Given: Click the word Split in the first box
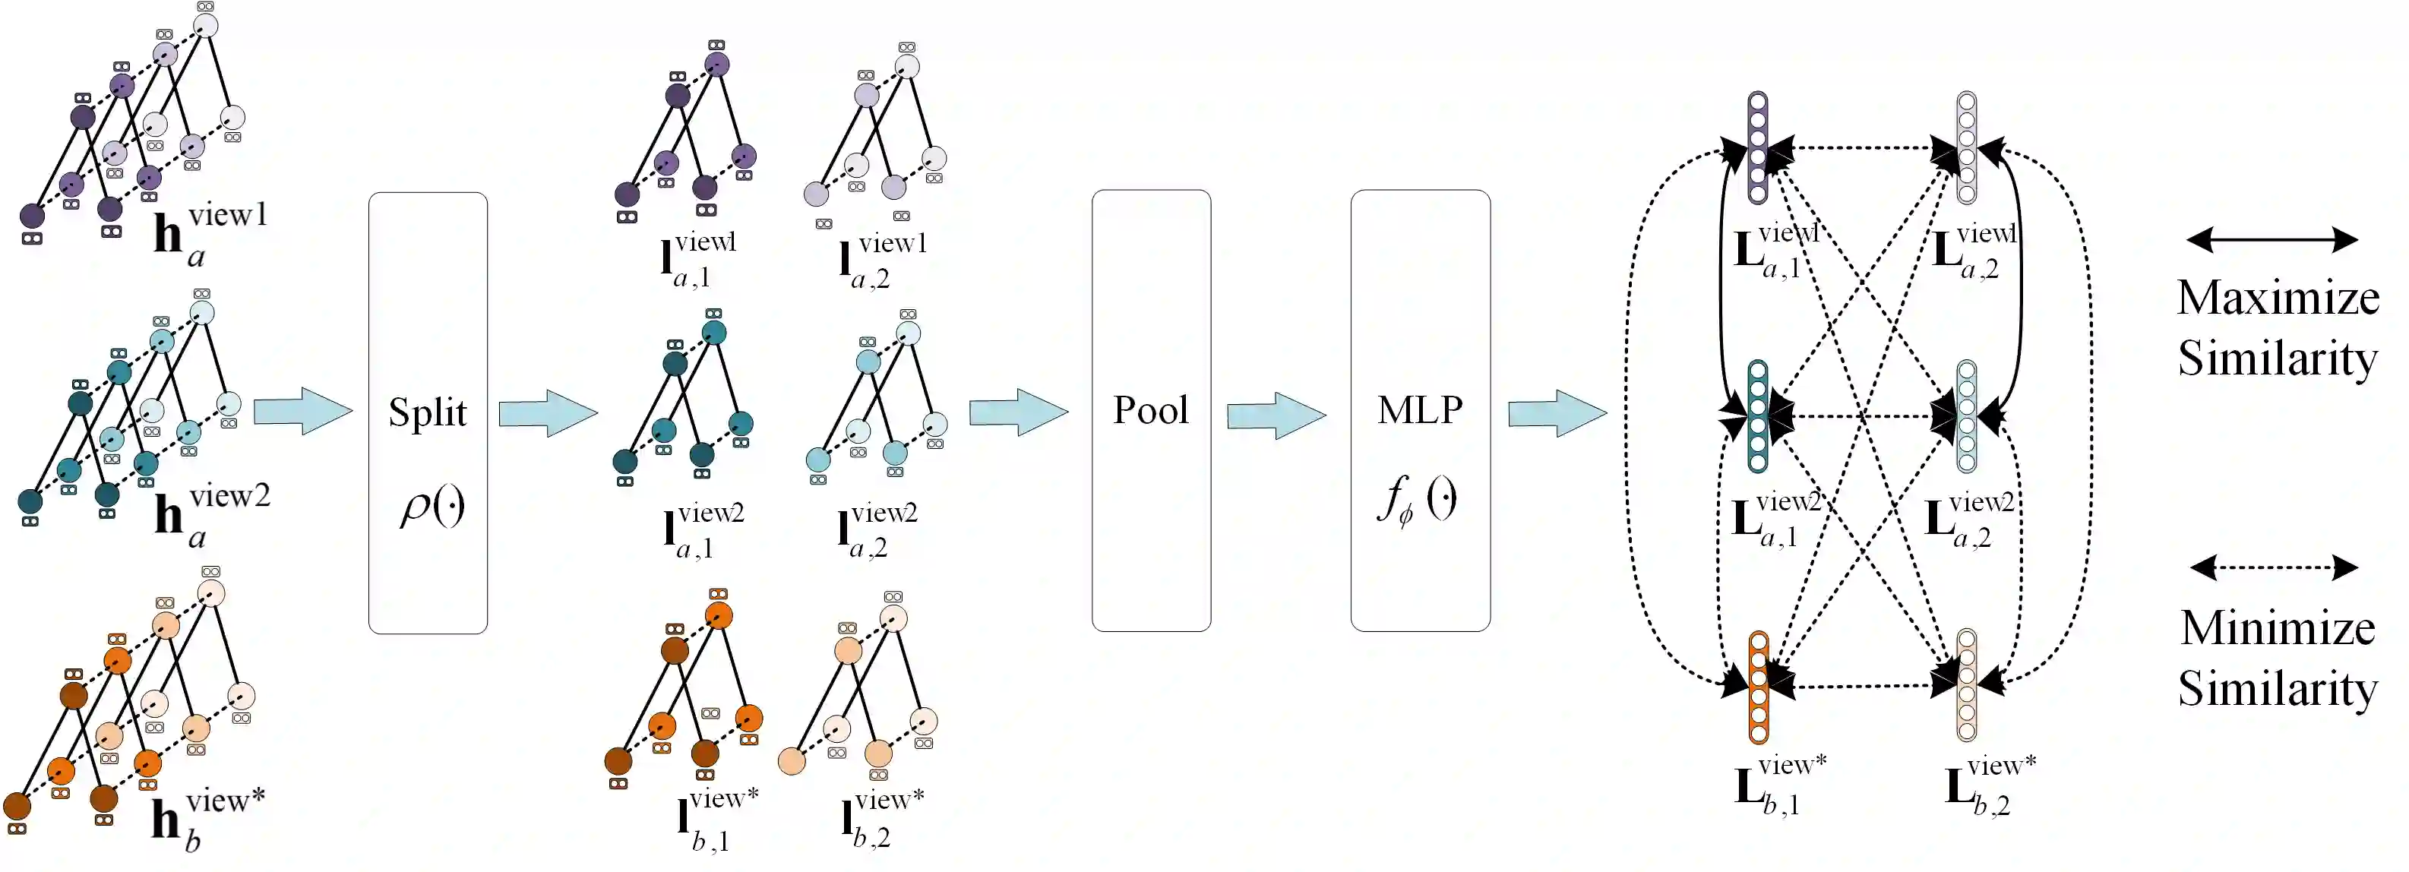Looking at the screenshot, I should point(428,412).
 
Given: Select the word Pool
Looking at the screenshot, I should point(1150,410).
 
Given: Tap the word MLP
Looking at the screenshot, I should point(1420,409).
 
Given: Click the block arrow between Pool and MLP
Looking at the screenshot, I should point(1276,415).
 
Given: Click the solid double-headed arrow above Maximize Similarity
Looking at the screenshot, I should point(2272,240).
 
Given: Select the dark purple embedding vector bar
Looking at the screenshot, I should point(1757,147).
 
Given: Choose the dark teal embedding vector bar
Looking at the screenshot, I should point(1757,417).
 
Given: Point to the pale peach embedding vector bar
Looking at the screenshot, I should point(1966,685).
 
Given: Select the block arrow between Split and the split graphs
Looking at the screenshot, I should point(547,413).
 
